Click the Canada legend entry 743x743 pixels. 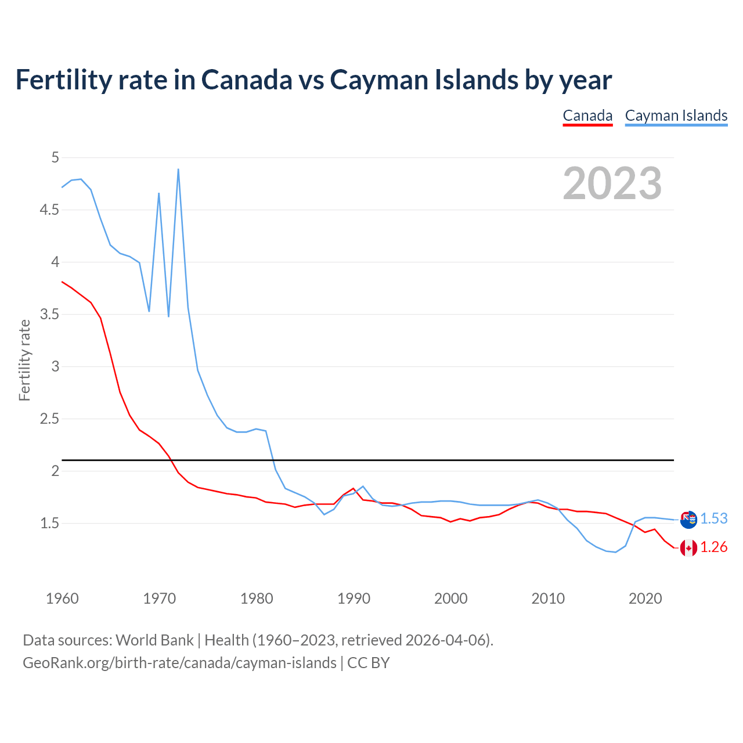tap(587, 116)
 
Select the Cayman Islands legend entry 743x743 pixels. tap(676, 116)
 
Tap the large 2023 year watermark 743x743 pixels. tap(612, 183)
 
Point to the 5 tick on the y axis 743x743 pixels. tap(55, 157)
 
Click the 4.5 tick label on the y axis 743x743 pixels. tap(49, 210)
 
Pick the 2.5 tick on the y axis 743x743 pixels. tap(49, 419)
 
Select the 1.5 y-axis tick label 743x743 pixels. tap(49, 523)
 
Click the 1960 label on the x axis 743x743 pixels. tap(62, 598)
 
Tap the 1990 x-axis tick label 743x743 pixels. tap(354, 598)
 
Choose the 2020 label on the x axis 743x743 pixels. tap(645, 598)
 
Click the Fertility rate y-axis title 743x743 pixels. tap(24, 360)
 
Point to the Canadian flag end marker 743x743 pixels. tap(688, 547)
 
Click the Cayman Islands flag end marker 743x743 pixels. tap(688, 520)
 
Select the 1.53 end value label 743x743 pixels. tap(714, 518)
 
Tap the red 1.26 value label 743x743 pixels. tap(714, 547)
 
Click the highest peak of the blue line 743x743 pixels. tap(178, 169)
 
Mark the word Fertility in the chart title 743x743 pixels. tap(62, 80)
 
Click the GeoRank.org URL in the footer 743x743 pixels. tap(179, 662)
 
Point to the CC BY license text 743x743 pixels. tap(369, 662)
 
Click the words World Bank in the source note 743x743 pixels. tap(154, 640)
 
